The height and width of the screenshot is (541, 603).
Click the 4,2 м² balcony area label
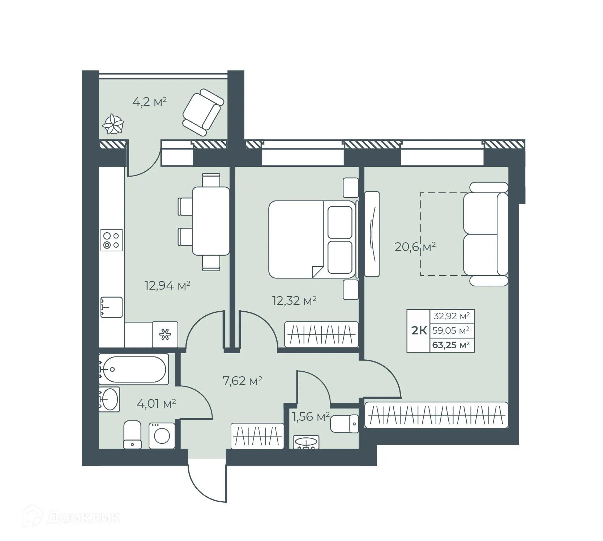tap(149, 102)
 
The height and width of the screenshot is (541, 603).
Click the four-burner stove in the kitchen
tap(111, 241)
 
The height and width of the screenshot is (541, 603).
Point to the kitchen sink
tap(111, 307)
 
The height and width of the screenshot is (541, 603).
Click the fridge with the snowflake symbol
tap(165, 334)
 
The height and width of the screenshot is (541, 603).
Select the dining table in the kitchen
tap(211, 221)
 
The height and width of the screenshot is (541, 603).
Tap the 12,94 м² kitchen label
tap(167, 286)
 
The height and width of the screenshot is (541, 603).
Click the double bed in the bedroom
tap(311, 239)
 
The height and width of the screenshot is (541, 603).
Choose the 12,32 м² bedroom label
tap(294, 300)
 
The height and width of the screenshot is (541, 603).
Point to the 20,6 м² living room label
tap(415, 247)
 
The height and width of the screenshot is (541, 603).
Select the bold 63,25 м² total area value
tap(451, 345)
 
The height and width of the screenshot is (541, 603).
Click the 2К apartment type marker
tap(419, 330)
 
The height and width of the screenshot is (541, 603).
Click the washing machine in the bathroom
tap(162, 436)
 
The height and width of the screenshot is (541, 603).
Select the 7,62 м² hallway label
tap(242, 381)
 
